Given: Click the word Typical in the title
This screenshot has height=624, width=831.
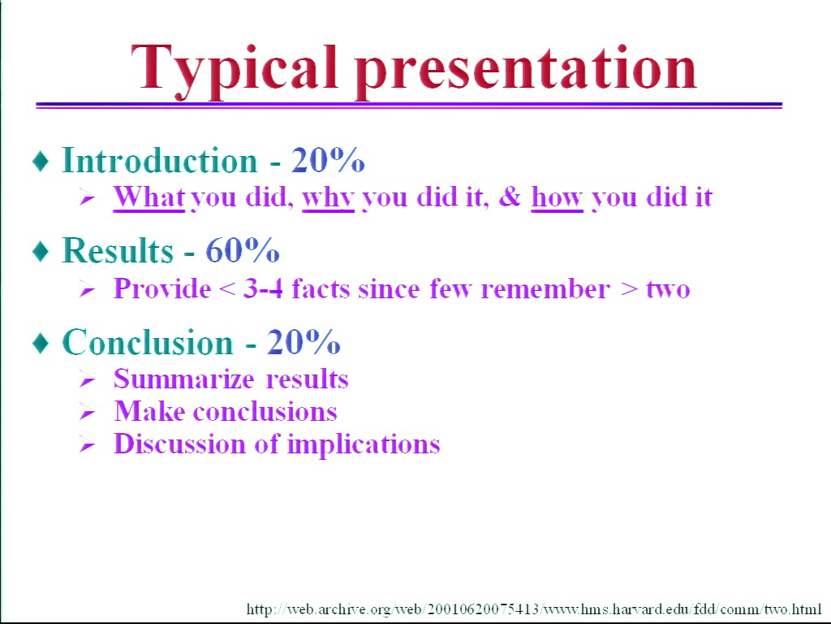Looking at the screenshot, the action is coord(234,71).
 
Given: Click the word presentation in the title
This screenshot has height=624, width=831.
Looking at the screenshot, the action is coord(526,71).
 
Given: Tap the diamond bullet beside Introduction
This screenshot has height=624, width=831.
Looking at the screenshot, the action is coord(41,161).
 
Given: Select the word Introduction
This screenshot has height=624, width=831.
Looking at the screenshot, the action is coord(160,160).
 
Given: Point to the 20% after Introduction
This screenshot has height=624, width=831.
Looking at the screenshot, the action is coord(328,160).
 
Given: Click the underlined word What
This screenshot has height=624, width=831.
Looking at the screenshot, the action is coord(149,197).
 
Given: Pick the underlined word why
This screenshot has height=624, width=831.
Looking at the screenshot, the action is coord(328,198).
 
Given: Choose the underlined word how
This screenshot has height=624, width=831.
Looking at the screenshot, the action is coord(557,197).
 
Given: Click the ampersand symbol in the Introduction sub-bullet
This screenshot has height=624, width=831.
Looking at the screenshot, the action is coord(510,197).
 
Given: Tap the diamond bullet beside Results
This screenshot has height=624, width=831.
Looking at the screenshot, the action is coord(41,251).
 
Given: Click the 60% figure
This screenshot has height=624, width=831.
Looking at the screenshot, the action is coord(242,250).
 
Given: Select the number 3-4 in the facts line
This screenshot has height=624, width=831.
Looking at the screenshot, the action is coord(263,289).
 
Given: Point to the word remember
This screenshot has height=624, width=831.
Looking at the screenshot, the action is coord(545,289).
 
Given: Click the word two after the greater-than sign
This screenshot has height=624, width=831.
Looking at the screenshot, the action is coord(669,290).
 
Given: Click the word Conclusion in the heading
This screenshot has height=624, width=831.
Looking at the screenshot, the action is coord(148,342).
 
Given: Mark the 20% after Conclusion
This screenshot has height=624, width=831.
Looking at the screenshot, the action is coord(304,342).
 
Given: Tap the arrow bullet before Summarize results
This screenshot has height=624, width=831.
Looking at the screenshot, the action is coord(88,380).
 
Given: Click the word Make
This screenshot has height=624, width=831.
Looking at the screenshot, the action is coord(149,411).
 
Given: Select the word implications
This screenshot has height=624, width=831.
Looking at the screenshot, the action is coord(364,444).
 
